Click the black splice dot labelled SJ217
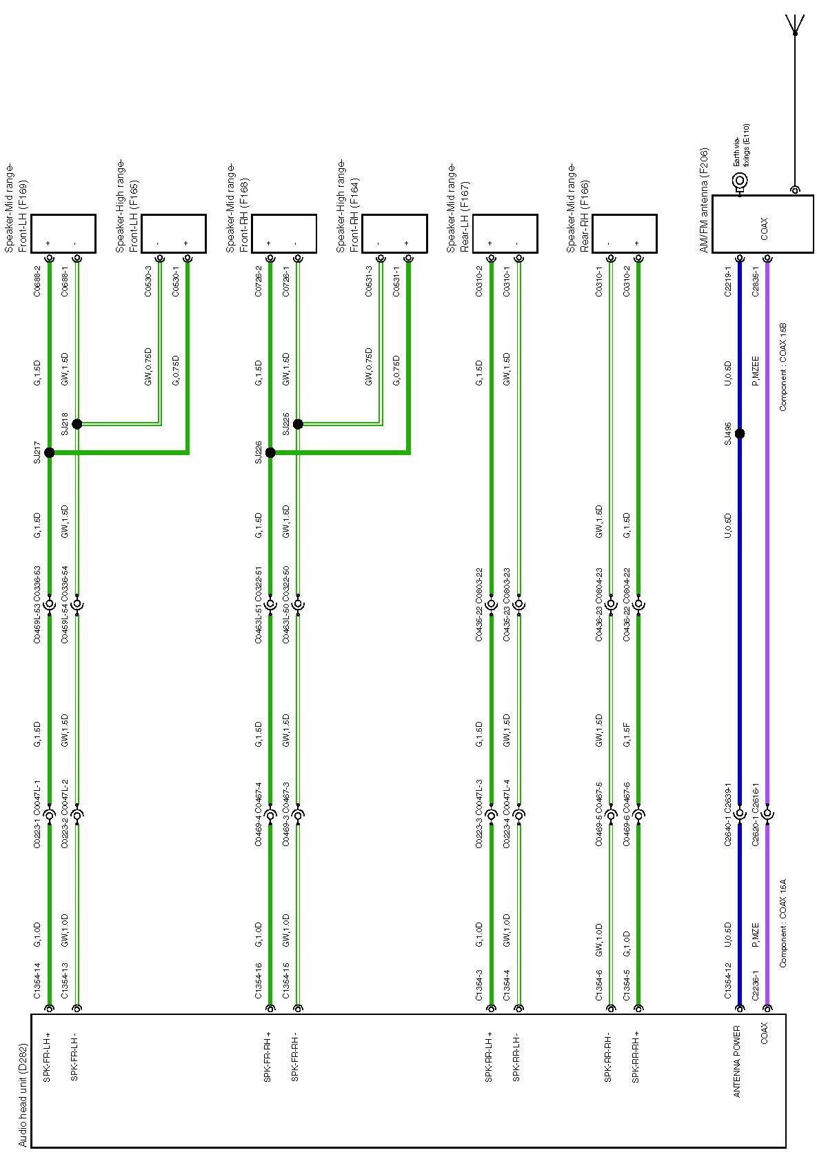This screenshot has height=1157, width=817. (49, 452)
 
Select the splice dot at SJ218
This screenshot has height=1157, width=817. (77, 424)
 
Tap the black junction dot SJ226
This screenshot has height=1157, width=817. (270, 452)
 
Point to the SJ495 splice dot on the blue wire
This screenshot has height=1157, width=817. (740, 434)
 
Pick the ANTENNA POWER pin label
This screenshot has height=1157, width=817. (736, 1062)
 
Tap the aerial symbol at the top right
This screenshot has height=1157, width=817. (795, 24)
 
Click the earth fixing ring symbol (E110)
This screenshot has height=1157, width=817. (740, 181)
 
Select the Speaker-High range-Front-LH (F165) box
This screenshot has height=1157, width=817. (174, 234)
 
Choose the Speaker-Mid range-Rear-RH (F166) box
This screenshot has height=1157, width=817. (624, 234)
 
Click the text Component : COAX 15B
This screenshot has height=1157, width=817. (783, 366)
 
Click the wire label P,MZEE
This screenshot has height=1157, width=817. (756, 371)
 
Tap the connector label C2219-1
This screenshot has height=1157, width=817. (728, 281)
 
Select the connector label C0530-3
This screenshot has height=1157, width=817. (148, 281)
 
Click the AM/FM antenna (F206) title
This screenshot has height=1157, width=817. (704, 199)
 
